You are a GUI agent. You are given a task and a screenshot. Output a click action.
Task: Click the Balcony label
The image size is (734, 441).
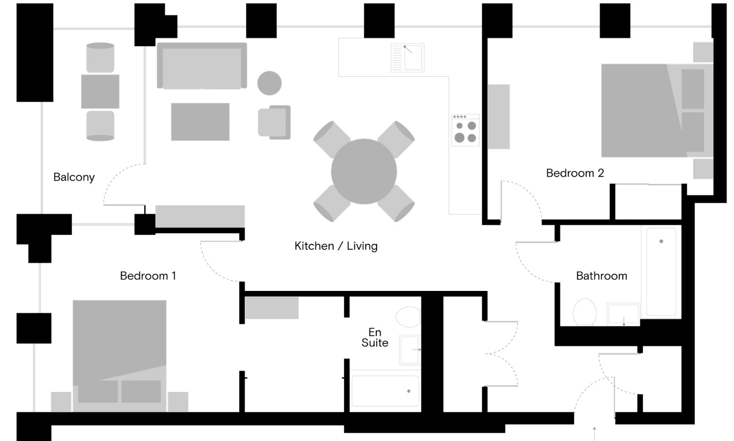point(74,177)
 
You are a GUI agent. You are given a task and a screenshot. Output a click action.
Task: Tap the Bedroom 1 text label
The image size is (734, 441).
point(148,276)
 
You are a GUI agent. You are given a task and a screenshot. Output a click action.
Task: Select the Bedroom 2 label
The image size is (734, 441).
point(575,173)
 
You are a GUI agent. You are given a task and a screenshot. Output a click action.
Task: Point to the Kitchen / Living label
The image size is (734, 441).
point(336,246)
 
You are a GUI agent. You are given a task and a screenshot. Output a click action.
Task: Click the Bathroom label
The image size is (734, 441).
point(602,276)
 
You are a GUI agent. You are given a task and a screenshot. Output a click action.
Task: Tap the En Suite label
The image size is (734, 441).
point(375,338)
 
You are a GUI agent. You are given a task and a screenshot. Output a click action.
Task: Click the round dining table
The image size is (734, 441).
point(364,171)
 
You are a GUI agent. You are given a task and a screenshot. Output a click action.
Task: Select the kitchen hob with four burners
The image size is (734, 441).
point(465,130)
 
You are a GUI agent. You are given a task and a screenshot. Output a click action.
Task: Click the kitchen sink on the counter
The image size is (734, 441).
point(408,58)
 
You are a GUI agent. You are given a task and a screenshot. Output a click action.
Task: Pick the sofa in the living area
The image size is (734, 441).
point(202,66)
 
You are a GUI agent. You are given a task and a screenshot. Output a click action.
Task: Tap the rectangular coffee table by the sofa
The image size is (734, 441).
point(200,122)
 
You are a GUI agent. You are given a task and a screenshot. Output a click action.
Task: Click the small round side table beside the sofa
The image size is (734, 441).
point(269,83)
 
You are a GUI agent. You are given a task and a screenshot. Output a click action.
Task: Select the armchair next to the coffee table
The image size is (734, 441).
point(274,122)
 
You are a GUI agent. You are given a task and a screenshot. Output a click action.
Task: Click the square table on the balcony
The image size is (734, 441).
point(100,91)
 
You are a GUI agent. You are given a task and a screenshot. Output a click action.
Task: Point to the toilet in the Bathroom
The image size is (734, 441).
point(585,312)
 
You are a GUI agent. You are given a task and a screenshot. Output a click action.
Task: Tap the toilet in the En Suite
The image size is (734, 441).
point(408,317)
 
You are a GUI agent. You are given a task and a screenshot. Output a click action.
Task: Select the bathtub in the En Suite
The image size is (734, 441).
point(385,391)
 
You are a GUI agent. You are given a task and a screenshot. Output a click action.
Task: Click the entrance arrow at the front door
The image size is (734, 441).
point(594,433)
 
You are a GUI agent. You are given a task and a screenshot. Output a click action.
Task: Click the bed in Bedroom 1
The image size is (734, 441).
point(120,356)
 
